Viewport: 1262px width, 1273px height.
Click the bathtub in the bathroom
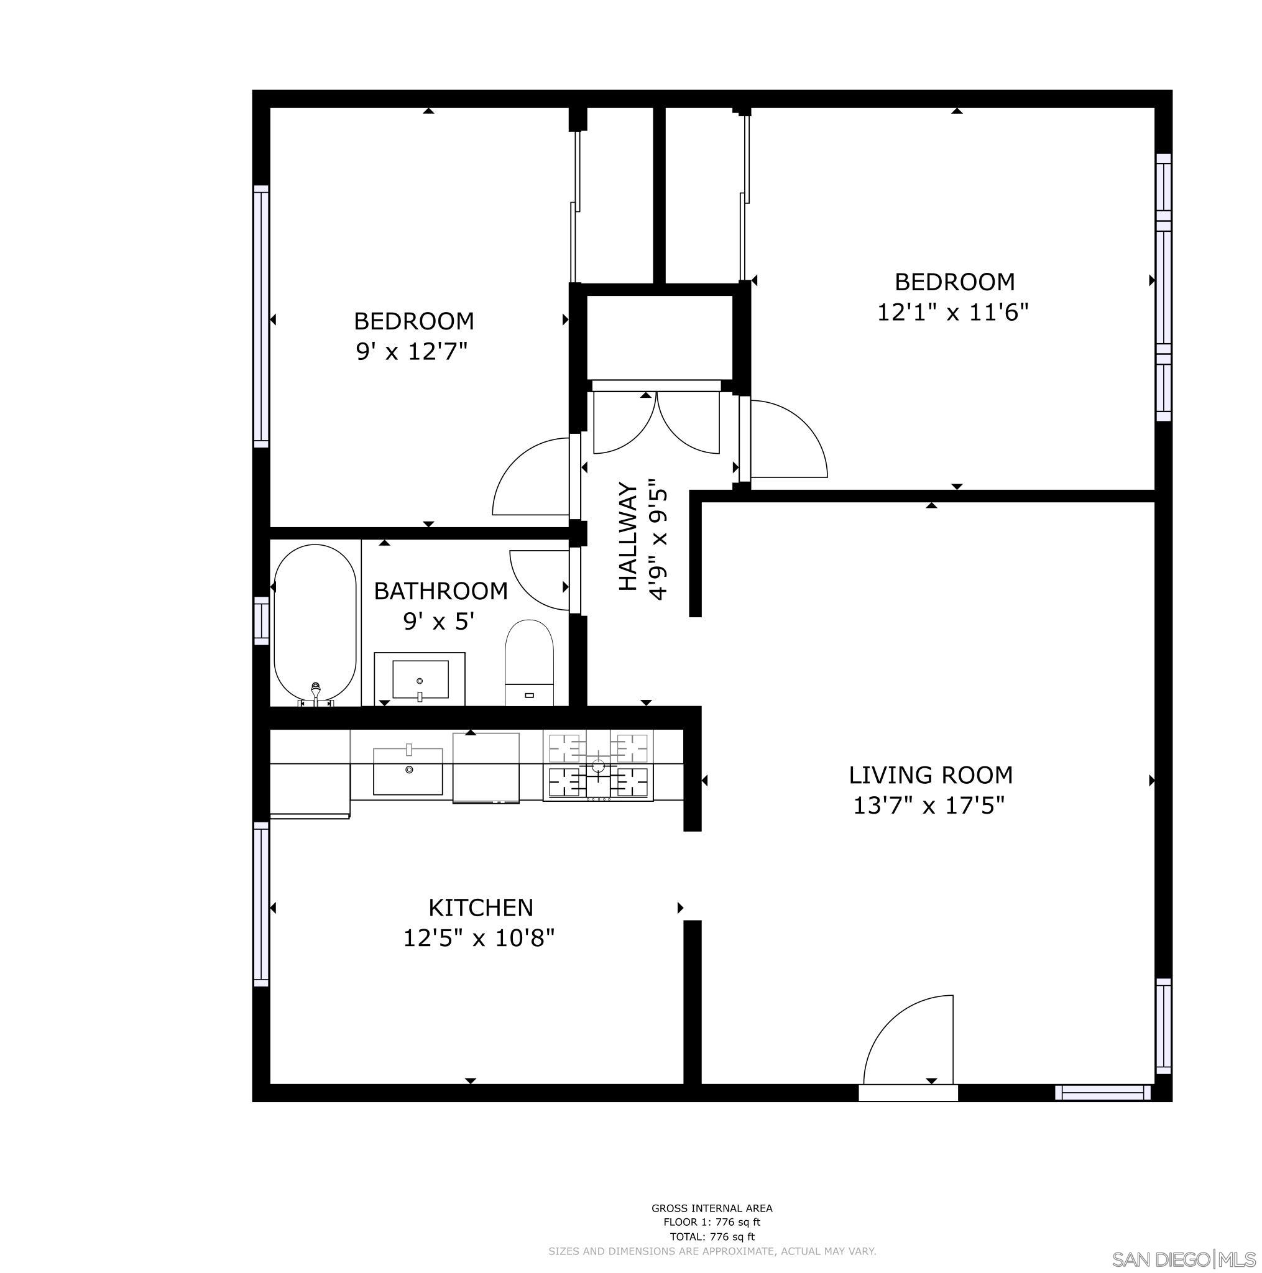(x=315, y=625)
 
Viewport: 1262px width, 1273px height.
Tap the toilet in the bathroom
(x=528, y=662)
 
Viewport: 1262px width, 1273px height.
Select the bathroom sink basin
(x=420, y=679)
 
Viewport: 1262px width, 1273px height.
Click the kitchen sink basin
(x=408, y=771)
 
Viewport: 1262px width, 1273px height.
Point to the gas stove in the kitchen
(x=597, y=766)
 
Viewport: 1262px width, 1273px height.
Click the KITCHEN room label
(x=481, y=908)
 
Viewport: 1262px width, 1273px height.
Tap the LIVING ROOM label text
(x=930, y=775)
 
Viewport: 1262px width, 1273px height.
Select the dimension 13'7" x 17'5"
(x=929, y=805)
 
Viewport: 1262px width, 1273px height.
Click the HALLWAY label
(x=628, y=537)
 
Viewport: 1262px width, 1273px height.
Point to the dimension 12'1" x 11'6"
(x=952, y=311)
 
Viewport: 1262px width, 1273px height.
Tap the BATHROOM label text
(x=440, y=591)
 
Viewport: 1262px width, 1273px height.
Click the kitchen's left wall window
(x=262, y=904)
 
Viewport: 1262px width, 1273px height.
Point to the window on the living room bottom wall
(x=1102, y=1093)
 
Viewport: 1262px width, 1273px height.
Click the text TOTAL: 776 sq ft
(x=712, y=1237)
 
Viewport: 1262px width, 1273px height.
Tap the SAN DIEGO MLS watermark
(x=1183, y=1259)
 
